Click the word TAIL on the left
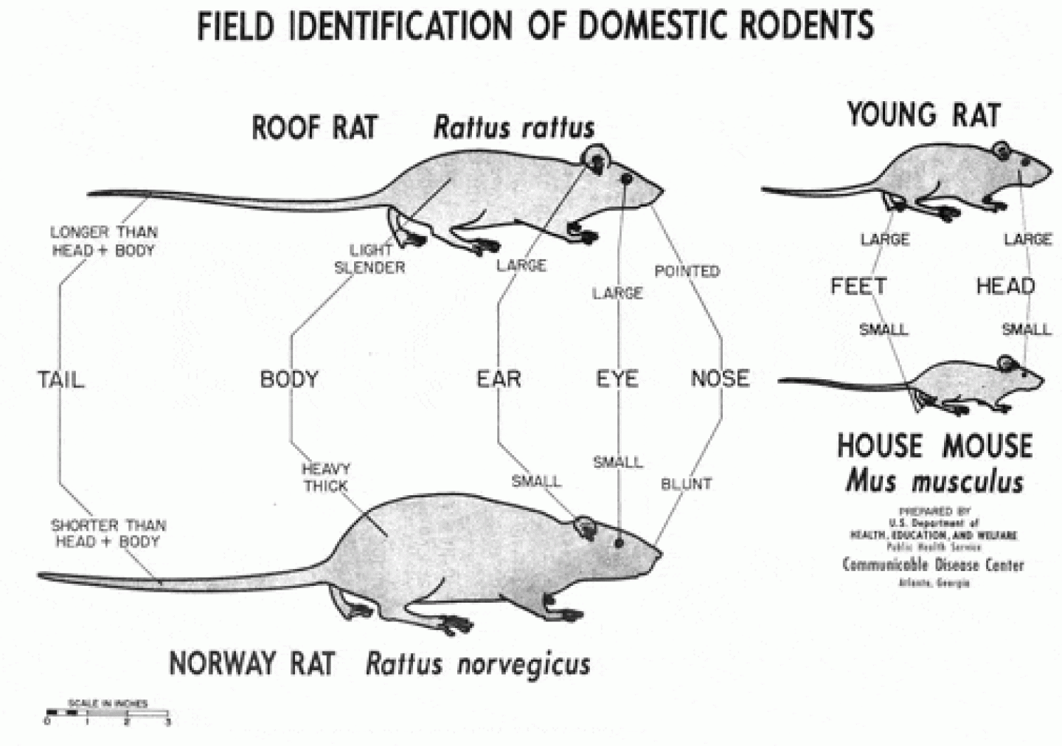[x=61, y=379]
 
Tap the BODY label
[x=289, y=379]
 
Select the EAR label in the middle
[x=499, y=379]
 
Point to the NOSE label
[x=720, y=379]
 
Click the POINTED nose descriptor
[x=687, y=272]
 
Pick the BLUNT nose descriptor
[x=686, y=484]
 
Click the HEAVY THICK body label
[x=326, y=477]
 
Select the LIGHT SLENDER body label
[x=369, y=259]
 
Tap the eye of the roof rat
[x=627, y=179]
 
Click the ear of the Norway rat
[x=586, y=526]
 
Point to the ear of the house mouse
[x=1006, y=363]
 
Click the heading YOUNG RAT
[x=923, y=115]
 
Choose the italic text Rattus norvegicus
[x=478, y=663]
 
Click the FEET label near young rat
[x=858, y=286]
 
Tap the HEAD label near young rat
[x=1005, y=286]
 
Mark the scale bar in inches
[x=108, y=713]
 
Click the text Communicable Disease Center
[x=933, y=565]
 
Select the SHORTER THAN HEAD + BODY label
[x=108, y=533]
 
